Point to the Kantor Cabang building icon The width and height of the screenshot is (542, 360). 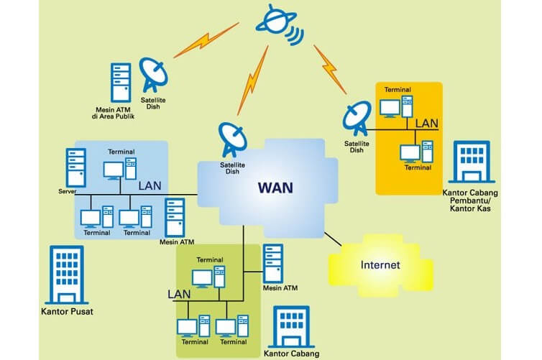(292, 327)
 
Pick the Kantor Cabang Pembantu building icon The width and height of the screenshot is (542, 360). (475, 163)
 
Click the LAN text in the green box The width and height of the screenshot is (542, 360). (180, 295)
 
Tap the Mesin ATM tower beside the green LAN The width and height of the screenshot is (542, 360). (272, 264)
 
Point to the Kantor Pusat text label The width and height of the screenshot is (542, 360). (68, 312)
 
